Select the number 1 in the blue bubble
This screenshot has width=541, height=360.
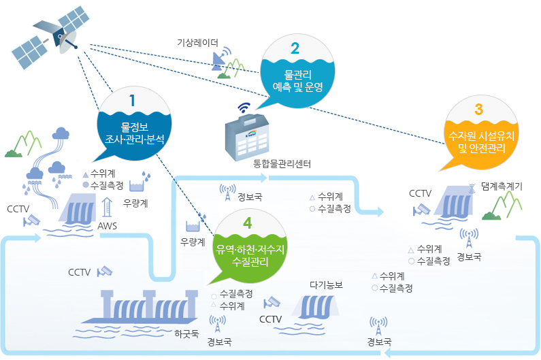[132, 100]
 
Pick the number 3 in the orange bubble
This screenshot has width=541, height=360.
[478, 109]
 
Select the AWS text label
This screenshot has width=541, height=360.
[108, 225]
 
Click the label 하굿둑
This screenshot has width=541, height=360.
[186, 333]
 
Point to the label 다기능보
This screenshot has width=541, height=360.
[326, 284]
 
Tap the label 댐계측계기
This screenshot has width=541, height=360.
[501, 185]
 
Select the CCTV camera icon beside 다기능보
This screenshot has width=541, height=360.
[274, 301]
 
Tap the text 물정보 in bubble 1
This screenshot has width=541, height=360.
[133, 127]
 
